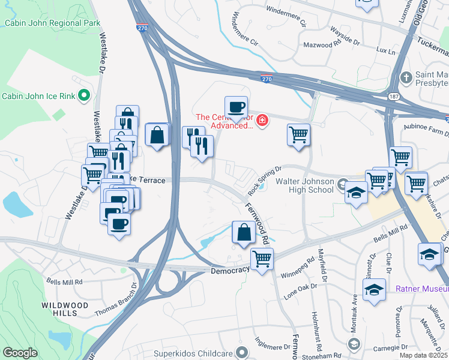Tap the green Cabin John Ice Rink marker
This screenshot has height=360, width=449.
point(85,95)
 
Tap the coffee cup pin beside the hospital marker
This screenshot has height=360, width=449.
point(236,107)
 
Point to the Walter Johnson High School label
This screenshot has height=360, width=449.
point(304,185)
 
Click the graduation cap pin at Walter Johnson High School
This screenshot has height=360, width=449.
point(356,193)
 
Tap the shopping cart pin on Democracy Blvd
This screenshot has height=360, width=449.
point(262,259)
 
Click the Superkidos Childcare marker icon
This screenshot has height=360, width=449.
point(242,352)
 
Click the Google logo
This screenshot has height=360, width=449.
point(20,353)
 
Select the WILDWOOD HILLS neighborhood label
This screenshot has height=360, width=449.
point(64,309)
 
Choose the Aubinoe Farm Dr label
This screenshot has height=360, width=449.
point(425,131)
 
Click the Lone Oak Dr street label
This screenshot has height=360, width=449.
point(299,292)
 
